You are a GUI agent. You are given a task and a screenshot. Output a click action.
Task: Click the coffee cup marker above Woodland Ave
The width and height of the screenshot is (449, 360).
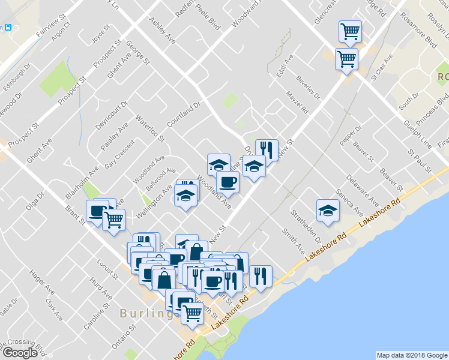click(228, 181)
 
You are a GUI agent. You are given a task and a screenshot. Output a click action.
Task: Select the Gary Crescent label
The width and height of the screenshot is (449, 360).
click(118, 156)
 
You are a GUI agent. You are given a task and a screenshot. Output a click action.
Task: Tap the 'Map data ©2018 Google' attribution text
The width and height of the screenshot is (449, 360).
click(411, 355)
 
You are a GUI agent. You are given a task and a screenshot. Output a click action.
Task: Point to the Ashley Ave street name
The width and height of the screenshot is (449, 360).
click(162, 30)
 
